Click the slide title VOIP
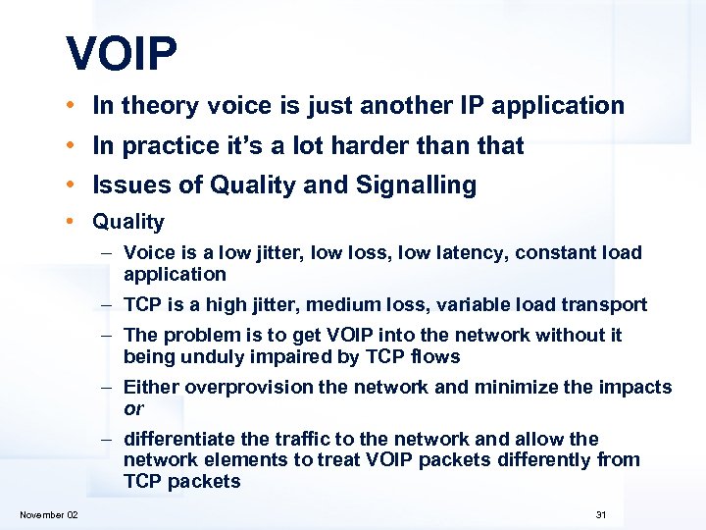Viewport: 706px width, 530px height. [x=122, y=55]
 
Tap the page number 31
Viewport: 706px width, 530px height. [x=601, y=515]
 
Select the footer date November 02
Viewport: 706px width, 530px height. [x=49, y=515]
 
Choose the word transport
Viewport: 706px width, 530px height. [x=606, y=305]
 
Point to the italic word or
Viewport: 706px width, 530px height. [x=133, y=408]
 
